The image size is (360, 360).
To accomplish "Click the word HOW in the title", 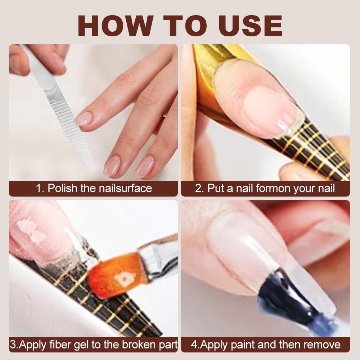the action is click(x=114, y=25).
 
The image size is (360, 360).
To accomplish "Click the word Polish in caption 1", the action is click(x=62, y=188).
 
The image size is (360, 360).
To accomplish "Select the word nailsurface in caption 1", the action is click(x=125, y=188).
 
